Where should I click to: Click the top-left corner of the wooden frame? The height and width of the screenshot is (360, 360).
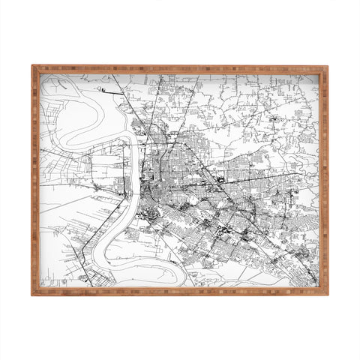point(33,67)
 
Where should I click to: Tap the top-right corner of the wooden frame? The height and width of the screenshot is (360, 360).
point(326,67)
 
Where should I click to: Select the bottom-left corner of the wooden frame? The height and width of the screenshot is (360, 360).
point(33,293)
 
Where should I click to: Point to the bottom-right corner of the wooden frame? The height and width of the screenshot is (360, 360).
point(326,293)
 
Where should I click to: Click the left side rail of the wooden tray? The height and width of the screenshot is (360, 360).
point(35,180)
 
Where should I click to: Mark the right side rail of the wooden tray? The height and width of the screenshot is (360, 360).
point(324,180)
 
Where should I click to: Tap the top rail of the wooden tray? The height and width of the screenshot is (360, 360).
point(180,69)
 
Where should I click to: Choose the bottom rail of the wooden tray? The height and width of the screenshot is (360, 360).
point(180,291)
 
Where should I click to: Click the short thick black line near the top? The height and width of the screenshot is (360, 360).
point(119,91)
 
